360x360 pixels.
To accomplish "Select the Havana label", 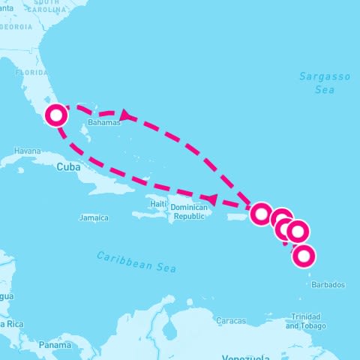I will pyautogui.click(x=26, y=151).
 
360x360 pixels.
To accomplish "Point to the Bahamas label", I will pyautogui.click(x=103, y=121).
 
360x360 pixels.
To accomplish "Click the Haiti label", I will pyautogui.click(x=157, y=204).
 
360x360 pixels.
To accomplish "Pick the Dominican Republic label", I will pyautogui.click(x=187, y=211).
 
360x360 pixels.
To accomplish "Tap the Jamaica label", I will pyautogui.click(x=94, y=218).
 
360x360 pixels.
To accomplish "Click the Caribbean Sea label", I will pyautogui.click(x=135, y=262).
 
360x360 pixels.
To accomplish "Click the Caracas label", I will pyautogui.click(x=230, y=321).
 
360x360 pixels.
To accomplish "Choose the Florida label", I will pyautogui.click(x=31, y=73).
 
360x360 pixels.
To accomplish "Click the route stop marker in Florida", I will pyautogui.click(x=56, y=115).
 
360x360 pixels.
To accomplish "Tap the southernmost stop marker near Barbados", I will pyautogui.click(x=304, y=256).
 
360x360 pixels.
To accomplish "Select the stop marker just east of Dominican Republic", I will pyautogui.click(x=260, y=213).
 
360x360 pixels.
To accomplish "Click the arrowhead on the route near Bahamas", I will pyautogui.click(x=125, y=115).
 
